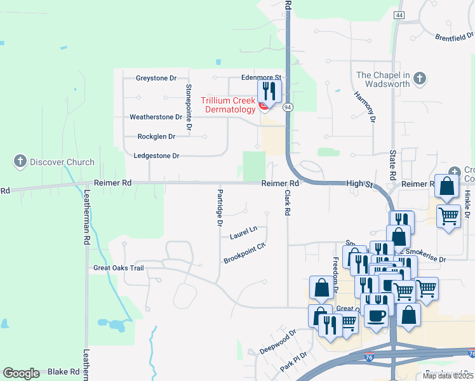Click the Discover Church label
point(62,162)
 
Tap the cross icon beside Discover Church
point(20,161)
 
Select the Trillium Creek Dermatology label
point(228,105)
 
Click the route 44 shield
point(399,15)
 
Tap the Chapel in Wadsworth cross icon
point(418,79)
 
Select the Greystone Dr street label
point(156,78)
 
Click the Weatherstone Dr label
point(156,117)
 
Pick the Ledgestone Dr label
point(157,156)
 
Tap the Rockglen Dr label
point(156,137)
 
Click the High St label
point(358,183)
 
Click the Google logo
point(21,373)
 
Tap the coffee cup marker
point(376,316)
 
